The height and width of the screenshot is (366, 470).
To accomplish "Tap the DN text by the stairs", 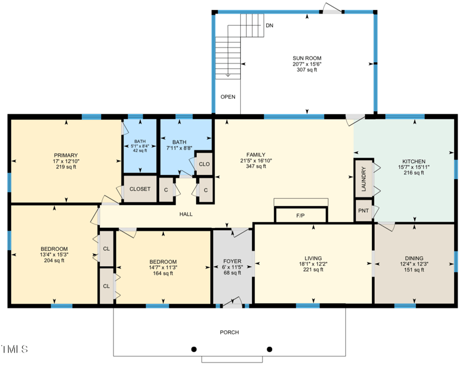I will (x=269, y=26).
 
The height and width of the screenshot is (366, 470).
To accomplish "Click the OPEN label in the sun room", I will (x=227, y=96).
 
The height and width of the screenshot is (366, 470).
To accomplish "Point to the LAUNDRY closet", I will (x=363, y=178).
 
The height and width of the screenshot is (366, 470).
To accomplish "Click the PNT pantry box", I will (x=363, y=210).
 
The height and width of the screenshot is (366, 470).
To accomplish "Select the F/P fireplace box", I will (x=300, y=216).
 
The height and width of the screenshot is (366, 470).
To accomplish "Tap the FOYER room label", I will (x=232, y=261).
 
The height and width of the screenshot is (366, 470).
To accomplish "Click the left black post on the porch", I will (x=193, y=349).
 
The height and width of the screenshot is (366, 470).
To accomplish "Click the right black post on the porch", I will (x=270, y=349).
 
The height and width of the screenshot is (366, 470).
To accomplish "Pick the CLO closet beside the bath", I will (x=204, y=164).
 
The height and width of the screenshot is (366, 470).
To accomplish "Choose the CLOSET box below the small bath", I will (x=140, y=189).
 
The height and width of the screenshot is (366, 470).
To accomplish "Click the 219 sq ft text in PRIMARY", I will (x=66, y=167).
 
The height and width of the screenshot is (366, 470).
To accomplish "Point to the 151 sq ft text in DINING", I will (x=414, y=270).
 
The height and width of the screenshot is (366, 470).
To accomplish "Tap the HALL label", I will (x=186, y=214).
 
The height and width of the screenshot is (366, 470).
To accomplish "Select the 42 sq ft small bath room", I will (x=140, y=146).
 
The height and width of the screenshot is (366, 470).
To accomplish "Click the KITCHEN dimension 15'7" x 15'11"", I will (x=414, y=167).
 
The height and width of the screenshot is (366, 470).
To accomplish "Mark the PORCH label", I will (x=229, y=333).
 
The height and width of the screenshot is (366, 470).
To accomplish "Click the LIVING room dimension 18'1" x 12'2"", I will (x=313, y=264).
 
